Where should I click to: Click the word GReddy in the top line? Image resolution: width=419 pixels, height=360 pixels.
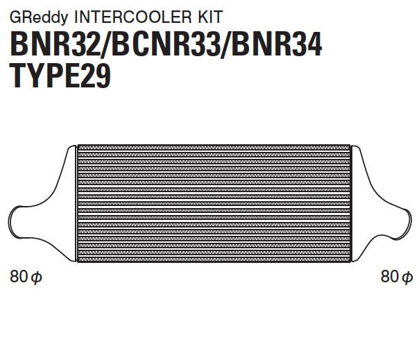point(31,13)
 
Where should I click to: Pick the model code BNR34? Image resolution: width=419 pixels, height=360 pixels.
point(277,45)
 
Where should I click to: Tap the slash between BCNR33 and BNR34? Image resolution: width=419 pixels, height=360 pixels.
point(227,45)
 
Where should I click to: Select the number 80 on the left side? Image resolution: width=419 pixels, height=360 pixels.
point(19,277)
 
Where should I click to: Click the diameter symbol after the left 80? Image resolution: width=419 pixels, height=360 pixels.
point(37,278)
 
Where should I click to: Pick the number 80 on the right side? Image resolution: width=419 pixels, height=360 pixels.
point(390,277)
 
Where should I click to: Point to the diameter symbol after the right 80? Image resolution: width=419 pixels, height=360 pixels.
point(407,278)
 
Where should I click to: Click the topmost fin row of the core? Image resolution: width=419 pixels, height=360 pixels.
point(215,148)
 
